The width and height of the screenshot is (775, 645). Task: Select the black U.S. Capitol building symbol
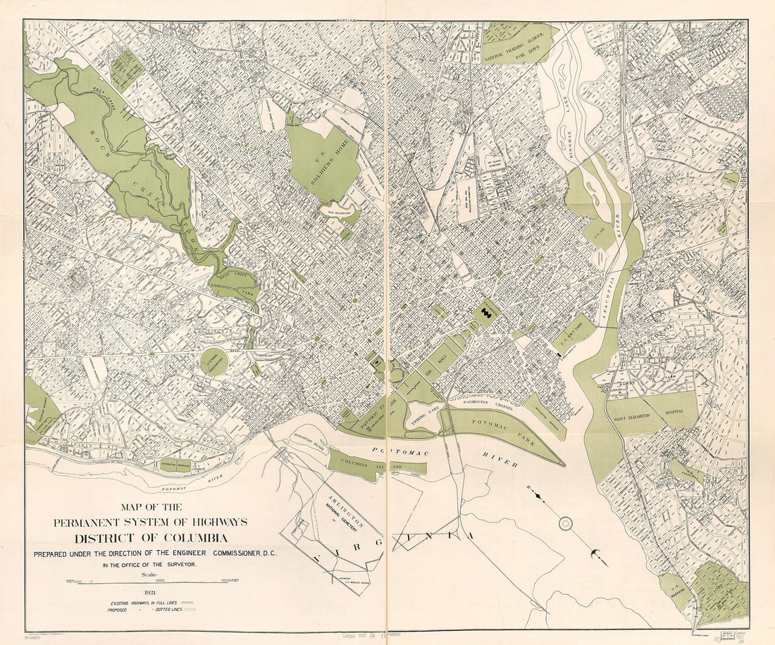coord(485,311)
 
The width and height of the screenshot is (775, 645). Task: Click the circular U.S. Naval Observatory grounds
coord(213,361)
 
